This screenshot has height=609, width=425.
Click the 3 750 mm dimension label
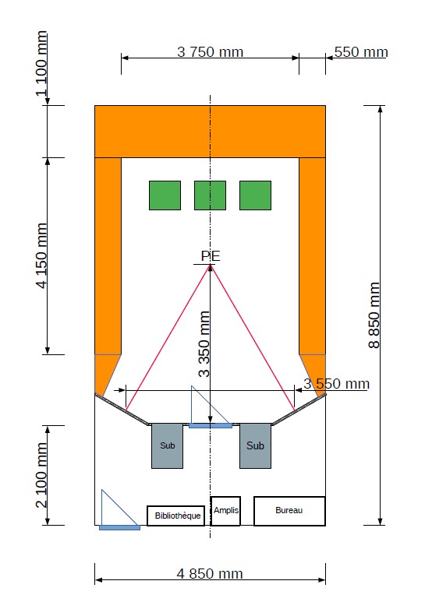coord(210,52)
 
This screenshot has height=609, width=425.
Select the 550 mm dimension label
coord(361,52)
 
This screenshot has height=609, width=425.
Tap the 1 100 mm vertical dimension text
coord(41,64)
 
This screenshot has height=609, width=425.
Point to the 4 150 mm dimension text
coord(41,255)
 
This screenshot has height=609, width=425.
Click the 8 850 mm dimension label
coord(374,315)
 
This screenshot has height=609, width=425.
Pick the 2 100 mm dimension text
coord(41,475)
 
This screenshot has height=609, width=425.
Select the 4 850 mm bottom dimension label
coord(210,574)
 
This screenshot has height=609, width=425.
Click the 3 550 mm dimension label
coord(336,384)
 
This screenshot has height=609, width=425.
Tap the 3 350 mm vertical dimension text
coord(204,344)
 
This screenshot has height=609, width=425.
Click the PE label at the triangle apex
coord(211,256)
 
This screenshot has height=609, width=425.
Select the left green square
coord(165,195)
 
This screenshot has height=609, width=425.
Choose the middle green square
coord(210,195)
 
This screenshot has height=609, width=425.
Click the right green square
coord(255,195)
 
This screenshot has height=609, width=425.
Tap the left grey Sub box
coord(167,446)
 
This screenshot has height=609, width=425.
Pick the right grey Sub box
coord(255,446)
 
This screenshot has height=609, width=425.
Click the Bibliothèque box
coord(175,516)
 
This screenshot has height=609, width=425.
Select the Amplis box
coord(225,511)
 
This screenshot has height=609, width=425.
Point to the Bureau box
coord(289,511)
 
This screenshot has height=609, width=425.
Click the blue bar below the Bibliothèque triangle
coord(119,527)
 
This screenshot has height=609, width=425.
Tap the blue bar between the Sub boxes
coord(211,426)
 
